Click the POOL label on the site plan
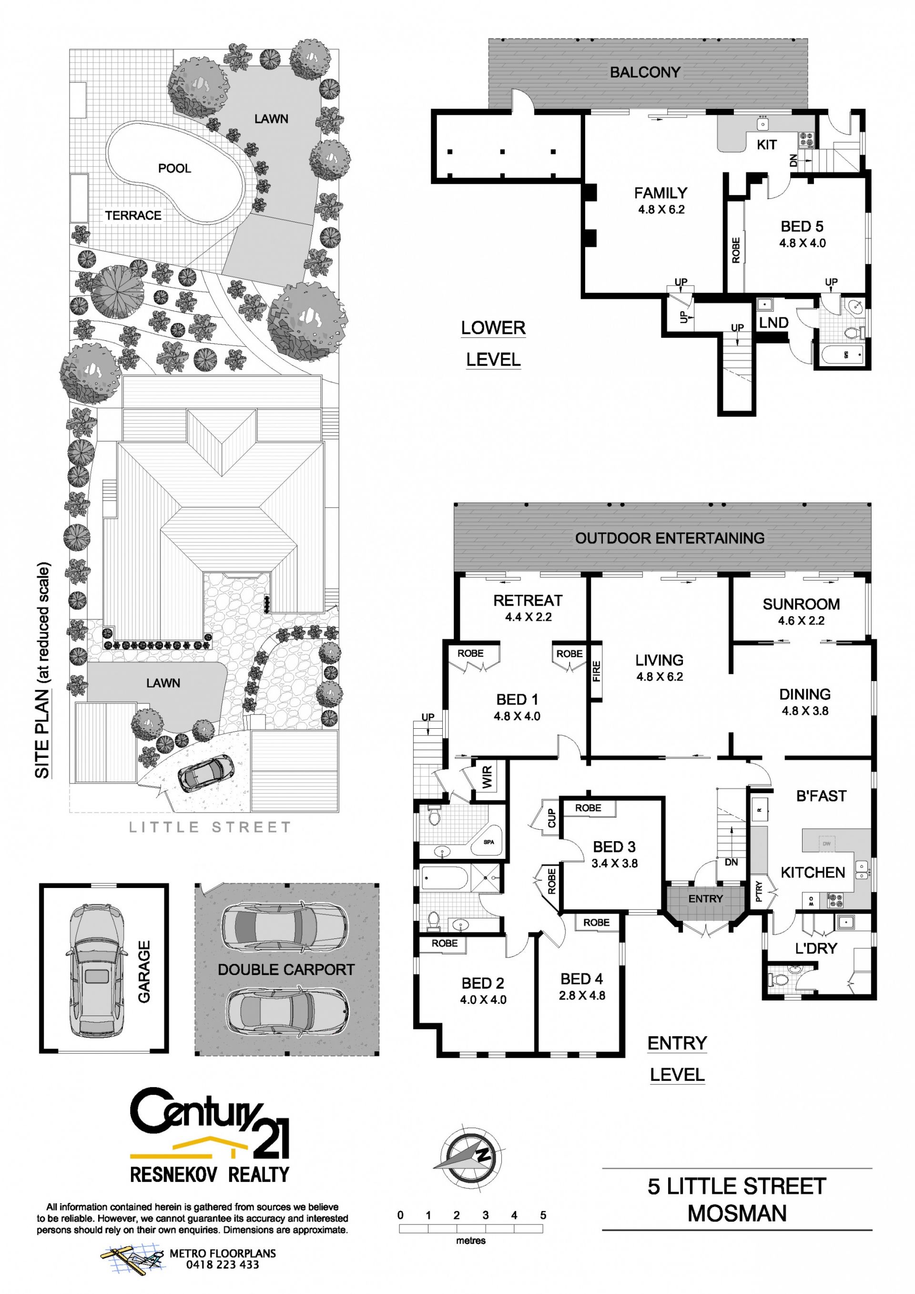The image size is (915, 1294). (x=175, y=168)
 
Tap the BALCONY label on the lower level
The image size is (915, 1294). (x=645, y=72)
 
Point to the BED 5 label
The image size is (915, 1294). (x=802, y=226)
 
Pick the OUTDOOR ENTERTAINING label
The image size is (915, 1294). (x=670, y=538)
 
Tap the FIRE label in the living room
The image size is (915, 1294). (x=597, y=671)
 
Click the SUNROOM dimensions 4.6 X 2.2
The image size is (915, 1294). (x=801, y=621)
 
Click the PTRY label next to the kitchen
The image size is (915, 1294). (x=758, y=892)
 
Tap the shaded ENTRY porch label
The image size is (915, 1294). (x=705, y=899)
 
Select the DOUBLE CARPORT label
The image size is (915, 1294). (x=286, y=969)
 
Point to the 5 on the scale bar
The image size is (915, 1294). (x=543, y=1215)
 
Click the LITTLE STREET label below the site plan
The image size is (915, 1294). (x=210, y=827)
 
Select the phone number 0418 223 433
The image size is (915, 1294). (x=223, y=1265)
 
